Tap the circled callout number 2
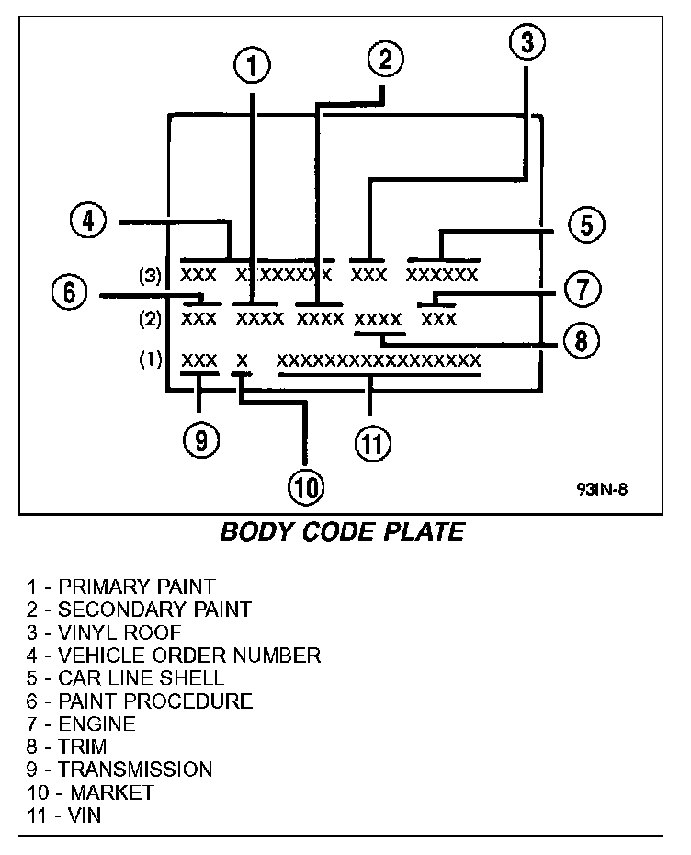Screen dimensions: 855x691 pos(385,60)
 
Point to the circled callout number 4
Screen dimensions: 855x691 pos(88,221)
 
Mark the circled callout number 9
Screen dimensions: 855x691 pos(200,440)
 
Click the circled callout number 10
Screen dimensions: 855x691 pos(305,487)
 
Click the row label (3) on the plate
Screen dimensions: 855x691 pos(150,275)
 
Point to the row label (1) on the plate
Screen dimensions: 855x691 pos(150,359)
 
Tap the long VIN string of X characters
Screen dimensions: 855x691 pos(379,359)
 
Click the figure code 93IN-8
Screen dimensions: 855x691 pos(603,489)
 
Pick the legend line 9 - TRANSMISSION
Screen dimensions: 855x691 pos(120,769)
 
